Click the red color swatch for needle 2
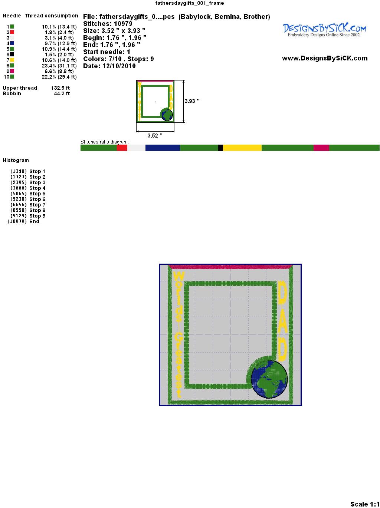tap(12, 32)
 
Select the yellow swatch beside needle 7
tap(12, 60)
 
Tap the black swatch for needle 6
tap(12, 55)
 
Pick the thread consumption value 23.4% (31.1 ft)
tap(59, 66)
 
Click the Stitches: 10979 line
tap(108, 24)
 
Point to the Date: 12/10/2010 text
tap(109, 66)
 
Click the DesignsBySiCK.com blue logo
tap(324, 30)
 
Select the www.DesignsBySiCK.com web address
tap(325, 58)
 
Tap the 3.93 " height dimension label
tap(192, 101)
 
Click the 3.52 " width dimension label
tap(155, 136)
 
